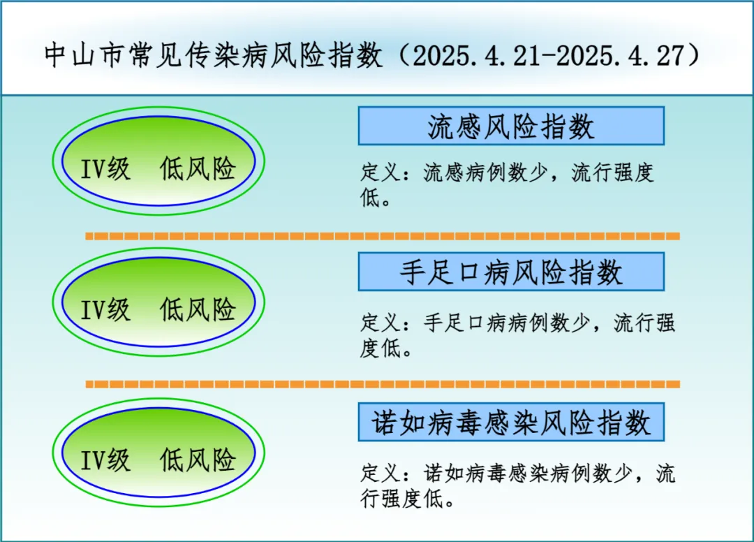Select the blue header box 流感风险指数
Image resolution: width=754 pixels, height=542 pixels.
(511, 126)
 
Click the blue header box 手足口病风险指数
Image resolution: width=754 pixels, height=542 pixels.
(511, 272)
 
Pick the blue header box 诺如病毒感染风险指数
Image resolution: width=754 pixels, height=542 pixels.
(511, 423)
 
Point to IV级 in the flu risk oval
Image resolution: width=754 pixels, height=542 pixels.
(105, 169)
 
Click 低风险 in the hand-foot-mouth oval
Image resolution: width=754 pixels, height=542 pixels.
(198, 309)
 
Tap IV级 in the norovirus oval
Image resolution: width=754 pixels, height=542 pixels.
(105, 460)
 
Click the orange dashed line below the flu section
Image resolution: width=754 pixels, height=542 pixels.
(383, 236)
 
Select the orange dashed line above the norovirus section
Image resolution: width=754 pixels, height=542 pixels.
(383, 384)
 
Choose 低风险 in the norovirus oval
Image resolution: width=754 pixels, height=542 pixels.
(198, 460)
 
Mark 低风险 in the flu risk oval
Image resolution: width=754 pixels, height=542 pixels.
(198, 169)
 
